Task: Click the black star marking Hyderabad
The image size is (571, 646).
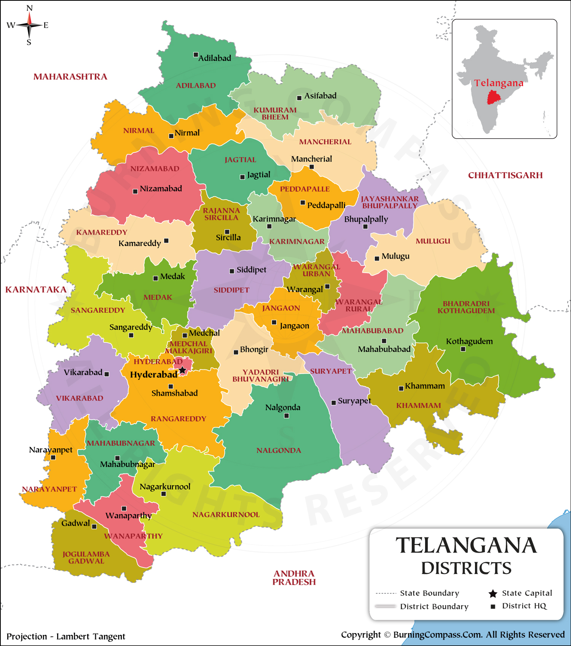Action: click(183, 370)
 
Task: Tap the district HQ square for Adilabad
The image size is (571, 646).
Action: click(196, 55)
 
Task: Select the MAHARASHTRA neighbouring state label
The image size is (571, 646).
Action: click(70, 77)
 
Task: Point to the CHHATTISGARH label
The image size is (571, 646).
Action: click(505, 176)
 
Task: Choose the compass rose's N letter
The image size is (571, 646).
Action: click(29, 8)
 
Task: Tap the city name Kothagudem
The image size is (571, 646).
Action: click(469, 341)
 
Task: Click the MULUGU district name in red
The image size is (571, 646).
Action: click(433, 241)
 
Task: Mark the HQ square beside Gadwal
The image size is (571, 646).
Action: click(94, 526)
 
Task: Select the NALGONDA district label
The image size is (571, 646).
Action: click(279, 451)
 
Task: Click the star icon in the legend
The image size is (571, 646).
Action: click(493, 593)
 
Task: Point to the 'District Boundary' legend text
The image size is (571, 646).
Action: click(434, 606)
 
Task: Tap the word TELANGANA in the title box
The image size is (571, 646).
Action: click(466, 545)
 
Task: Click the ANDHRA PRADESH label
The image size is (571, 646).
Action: click(294, 578)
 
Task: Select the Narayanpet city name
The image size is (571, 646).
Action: click(51, 450)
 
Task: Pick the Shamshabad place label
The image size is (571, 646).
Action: click(174, 393)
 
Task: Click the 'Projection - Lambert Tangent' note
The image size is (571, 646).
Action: click(66, 636)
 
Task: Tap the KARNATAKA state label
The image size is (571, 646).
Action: click(36, 290)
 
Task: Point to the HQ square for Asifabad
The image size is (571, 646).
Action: click(299, 98)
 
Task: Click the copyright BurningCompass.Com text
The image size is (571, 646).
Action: click(453, 635)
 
